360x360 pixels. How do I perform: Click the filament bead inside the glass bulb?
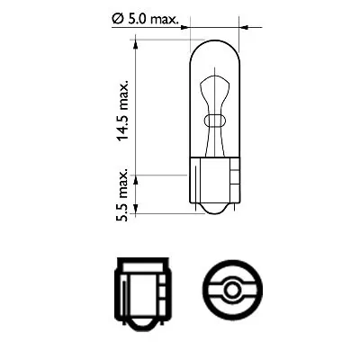(x=214, y=120)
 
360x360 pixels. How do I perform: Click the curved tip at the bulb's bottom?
(x=214, y=213)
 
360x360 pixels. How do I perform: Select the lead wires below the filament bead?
(x=214, y=144)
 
